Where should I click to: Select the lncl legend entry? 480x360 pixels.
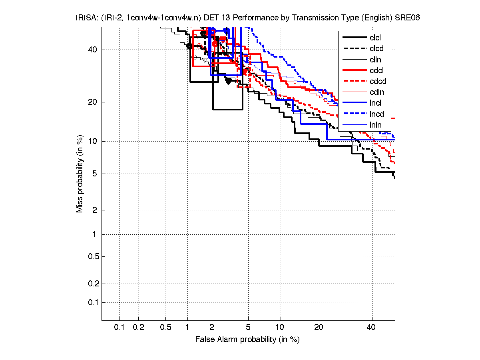coord(375,103)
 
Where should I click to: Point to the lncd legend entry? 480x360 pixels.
coord(377,114)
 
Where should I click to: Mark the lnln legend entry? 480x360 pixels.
coord(375,125)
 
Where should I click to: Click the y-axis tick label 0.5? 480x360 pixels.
coord(93,256)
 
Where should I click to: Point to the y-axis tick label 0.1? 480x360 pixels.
coord(93,302)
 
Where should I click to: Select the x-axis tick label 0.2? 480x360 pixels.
coord(138,328)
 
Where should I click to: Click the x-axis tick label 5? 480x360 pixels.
coord(248,328)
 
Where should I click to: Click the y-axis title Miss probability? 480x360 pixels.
coord(80,174)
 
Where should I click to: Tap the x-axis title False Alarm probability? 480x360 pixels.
coord(247,340)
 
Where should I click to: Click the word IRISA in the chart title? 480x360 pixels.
coord(85,18)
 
